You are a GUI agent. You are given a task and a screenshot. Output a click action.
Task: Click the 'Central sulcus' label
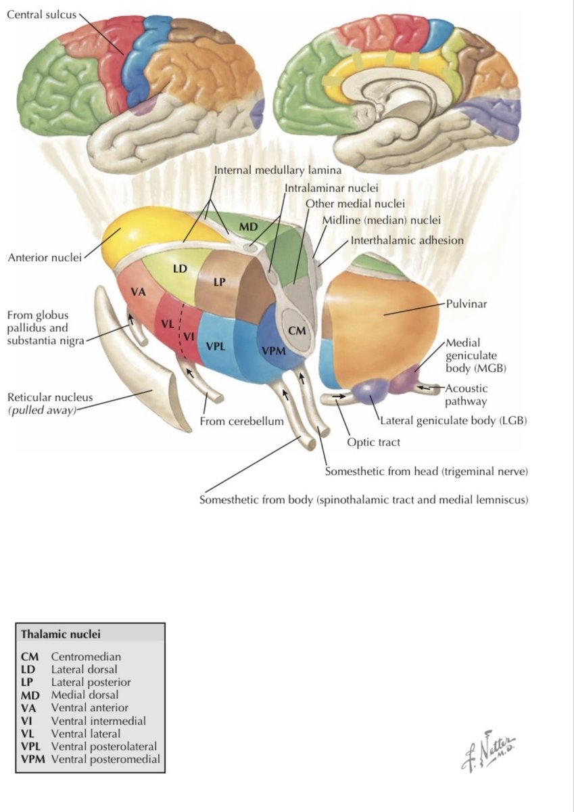click(42, 15)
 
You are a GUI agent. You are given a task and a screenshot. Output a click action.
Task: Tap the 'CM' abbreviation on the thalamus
click(297, 330)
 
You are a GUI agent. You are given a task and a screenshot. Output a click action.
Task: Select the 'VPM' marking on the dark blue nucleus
click(274, 351)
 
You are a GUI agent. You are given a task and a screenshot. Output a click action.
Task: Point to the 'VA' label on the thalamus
click(139, 291)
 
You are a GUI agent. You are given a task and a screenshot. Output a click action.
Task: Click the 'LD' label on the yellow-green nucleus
click(180, 268)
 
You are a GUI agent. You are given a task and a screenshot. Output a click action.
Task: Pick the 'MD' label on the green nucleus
click(248, 227)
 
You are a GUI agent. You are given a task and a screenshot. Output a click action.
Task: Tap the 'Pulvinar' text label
click(466, 304)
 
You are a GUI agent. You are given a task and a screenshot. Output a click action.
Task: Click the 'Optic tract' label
click(373, 443)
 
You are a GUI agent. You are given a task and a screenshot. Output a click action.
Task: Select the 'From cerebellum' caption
click(241, 421)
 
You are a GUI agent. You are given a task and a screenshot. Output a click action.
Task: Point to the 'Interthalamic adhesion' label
click(407, 240)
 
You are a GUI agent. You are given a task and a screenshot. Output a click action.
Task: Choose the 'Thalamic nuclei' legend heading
click(60, 634)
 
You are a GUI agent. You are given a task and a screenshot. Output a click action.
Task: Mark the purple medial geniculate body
click(404, 378)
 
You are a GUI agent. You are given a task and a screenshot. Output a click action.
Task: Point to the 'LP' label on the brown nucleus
click(220, 281)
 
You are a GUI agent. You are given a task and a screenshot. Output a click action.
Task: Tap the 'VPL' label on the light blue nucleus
click(216, 346)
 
